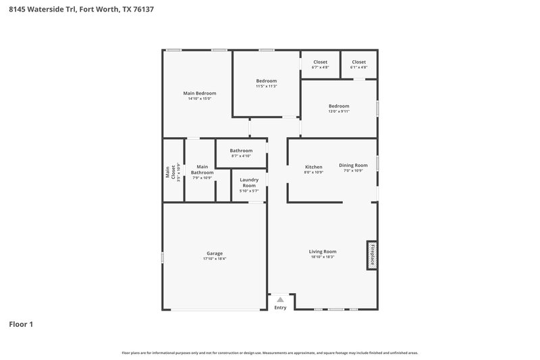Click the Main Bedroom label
pyautogui.click(x=200, y=93)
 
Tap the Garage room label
pyautogui.click(x=215, y=253)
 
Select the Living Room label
pyautogui.click(x=323, y=251)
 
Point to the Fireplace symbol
pyautogui.click(x=371, y=255)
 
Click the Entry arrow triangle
pyautogui.click(x=280, y=299)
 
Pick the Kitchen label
pyautogui.click(x=314, y=166)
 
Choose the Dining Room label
pyautogui.click(x=354, y=165)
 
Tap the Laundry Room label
pyautogui.click(x=249, y=182)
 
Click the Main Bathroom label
pyautogui.click(x=202, y=169)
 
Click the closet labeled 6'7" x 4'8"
pyautogui.click(x=320, y=62)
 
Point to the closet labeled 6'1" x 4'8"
pyautogui.click(x=358, y=62)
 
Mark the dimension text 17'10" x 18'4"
pyautogui.click(x=215, y=259)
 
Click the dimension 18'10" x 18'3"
pyautogui.click(x=323, y=257)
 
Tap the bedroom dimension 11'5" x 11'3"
pyautogui.click(x=266, y=86)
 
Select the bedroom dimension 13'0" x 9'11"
pyautogui.click(x=339, y=111)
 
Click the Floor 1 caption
pyautogui.click(x=21, y=324)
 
